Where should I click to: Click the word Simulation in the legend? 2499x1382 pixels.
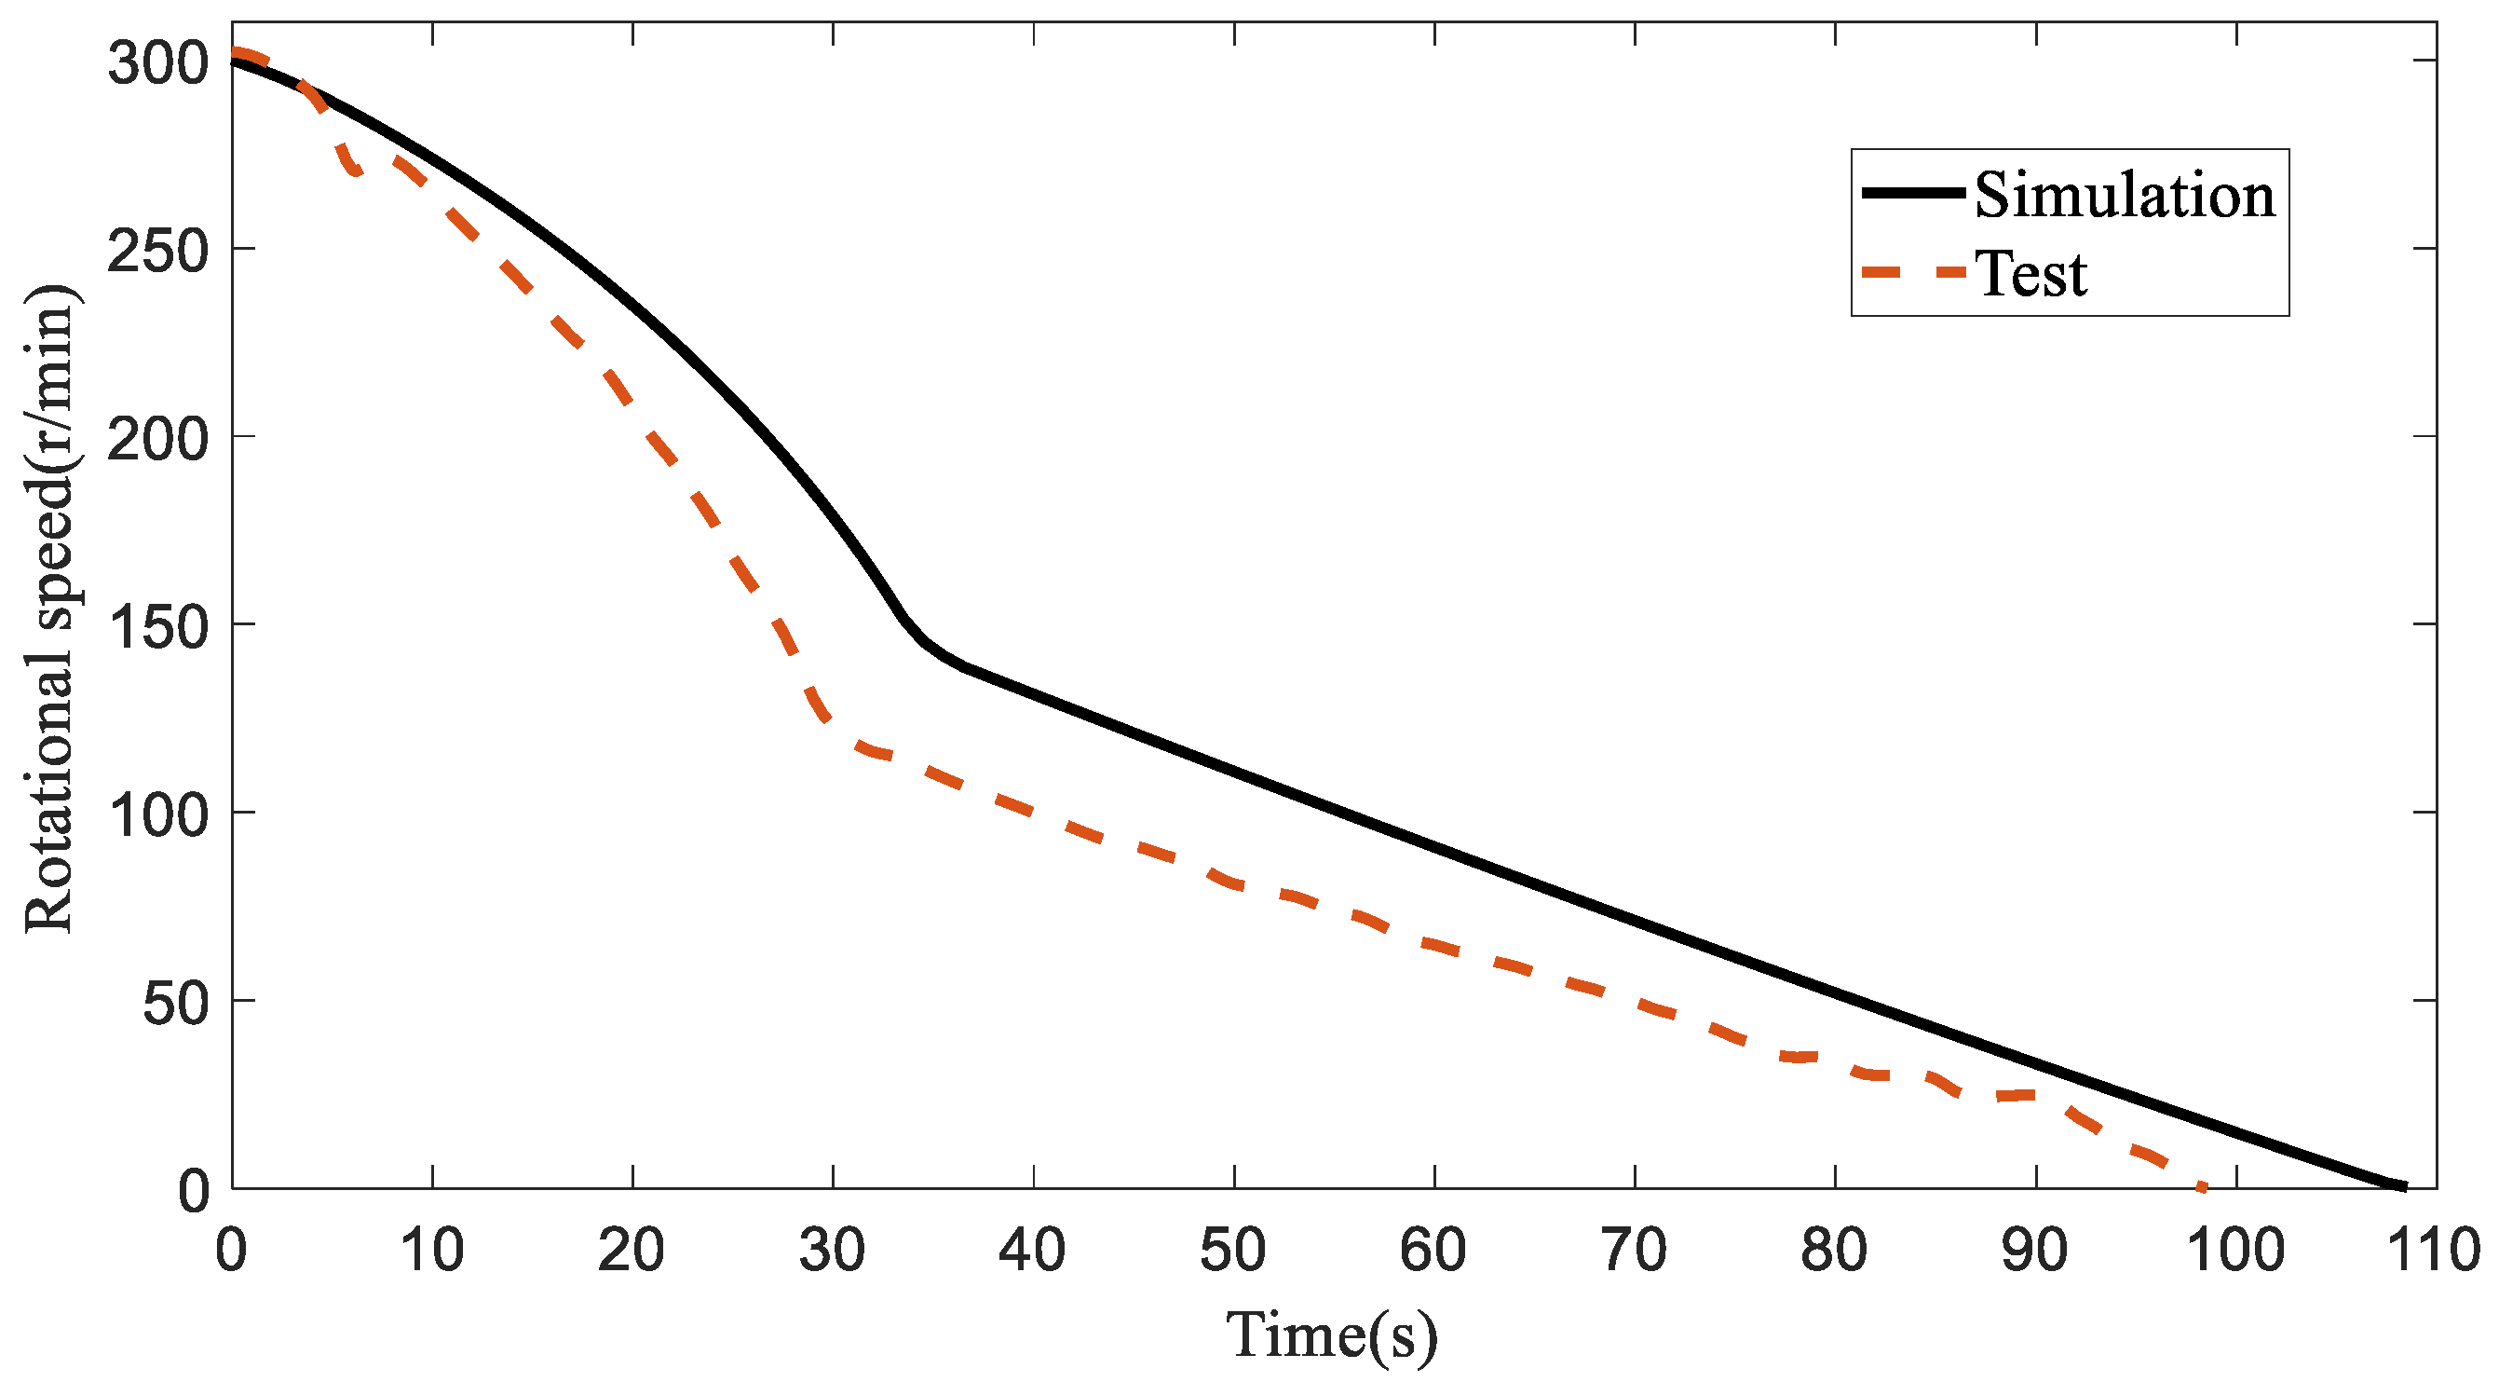(x=2125, y=195)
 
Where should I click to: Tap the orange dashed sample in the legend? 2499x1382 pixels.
(x=1913, y=273)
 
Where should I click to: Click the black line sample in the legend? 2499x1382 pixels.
(x=1913, y=193)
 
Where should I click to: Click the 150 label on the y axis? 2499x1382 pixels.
(x=158, y=627)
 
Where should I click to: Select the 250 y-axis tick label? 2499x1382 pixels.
(x=158, y=253)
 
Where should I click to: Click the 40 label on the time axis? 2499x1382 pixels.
(x=1032, y=1250)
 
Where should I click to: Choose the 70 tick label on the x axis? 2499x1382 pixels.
(x=1634, y=1250)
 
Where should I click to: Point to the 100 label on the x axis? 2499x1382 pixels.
(x=2235, y=1250)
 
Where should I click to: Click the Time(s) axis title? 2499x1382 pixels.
(x=1331, y=1335)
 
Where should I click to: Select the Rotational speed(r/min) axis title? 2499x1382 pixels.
(x=48, y=609)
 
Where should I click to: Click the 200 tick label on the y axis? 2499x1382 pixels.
(x=158, y=440)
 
